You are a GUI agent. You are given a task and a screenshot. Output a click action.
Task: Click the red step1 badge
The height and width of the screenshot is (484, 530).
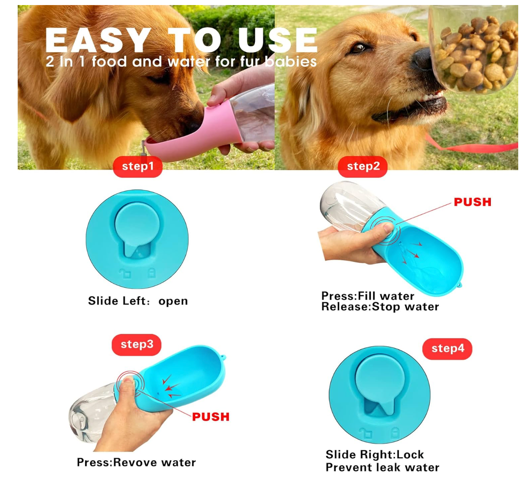(138, 167)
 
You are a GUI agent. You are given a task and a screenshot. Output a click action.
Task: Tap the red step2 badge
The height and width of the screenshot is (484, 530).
(363, 167)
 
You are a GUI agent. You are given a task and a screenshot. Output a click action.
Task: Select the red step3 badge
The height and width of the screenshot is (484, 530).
(136, 345)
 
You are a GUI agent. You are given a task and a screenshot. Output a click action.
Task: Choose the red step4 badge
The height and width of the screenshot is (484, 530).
(447, 349)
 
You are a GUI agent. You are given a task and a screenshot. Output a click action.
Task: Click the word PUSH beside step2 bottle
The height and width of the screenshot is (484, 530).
(472, 202)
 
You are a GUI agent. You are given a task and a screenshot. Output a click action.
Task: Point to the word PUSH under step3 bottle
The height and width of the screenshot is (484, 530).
(211, 417)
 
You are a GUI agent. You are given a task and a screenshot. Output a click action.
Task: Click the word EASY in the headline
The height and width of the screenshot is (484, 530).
(98, 40)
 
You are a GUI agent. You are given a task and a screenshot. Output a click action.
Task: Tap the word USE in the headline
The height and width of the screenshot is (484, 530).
(278, 40)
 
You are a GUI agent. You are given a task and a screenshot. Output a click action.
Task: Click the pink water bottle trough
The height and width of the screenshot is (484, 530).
(193, 133)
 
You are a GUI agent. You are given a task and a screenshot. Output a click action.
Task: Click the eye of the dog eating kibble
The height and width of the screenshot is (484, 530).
(359, 48)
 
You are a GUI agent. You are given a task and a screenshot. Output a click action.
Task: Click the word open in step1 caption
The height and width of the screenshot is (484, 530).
(173, 301)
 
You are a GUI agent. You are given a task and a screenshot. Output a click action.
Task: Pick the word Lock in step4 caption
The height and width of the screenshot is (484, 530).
(410, 455)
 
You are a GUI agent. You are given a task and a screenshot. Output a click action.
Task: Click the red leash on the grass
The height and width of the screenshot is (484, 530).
(470, 146)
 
